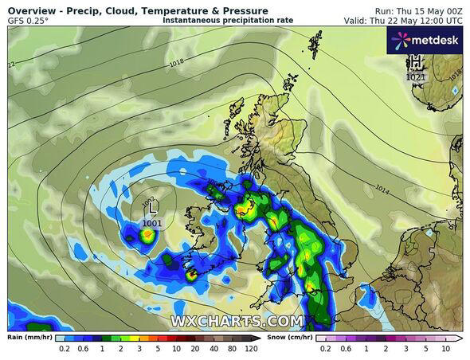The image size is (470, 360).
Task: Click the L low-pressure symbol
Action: (152, 213)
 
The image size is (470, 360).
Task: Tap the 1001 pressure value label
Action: (152, 224)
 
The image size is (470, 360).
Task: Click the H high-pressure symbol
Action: (416, 62)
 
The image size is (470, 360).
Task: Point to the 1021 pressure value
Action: (416, 77)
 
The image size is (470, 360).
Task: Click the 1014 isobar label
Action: (382, 191)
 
